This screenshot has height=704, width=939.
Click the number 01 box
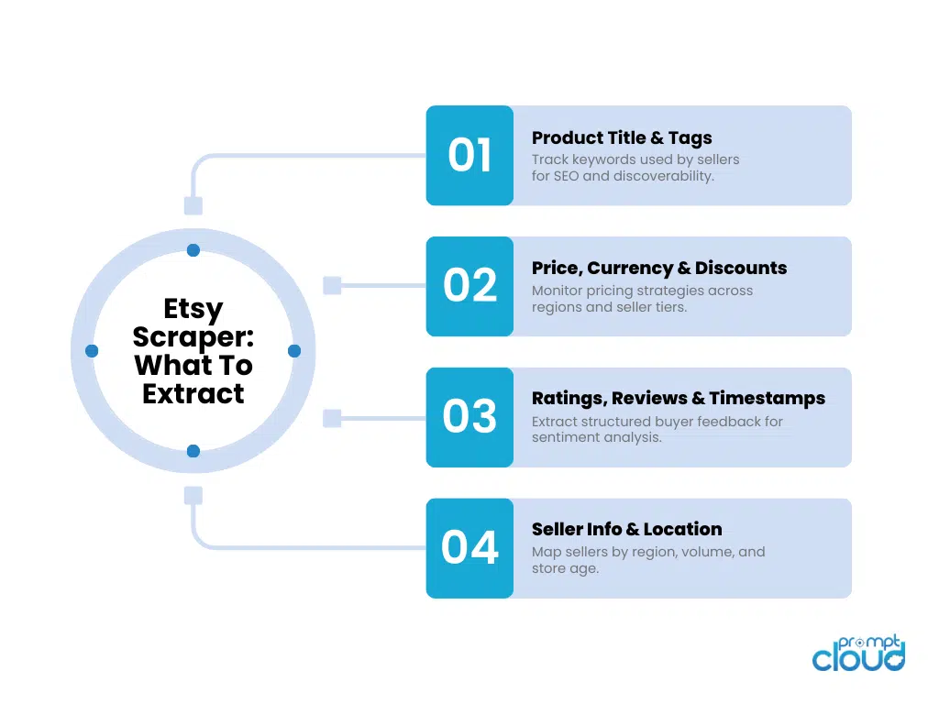point(469,155)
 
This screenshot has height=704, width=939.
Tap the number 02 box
point(469,286)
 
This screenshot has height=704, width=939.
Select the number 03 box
point(469,417)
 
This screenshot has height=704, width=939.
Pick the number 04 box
point(469,547)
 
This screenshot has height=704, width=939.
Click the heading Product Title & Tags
point(622,138)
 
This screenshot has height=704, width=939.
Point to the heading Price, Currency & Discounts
point(659,269)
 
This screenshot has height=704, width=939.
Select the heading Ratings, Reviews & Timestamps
point(679,399)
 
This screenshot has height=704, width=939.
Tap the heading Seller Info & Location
point(626,529)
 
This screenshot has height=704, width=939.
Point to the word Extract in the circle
point(193,394)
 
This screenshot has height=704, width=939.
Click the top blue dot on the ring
point(193,250)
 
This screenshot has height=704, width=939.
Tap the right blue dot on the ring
point(294,351)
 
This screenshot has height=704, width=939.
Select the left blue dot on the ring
point(92,351)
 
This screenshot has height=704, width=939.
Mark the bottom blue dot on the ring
point(193,451)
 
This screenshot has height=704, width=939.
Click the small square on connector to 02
point(332,286)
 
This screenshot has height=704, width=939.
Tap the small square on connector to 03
point(332,418)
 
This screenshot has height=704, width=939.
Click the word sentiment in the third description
point(568,438)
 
